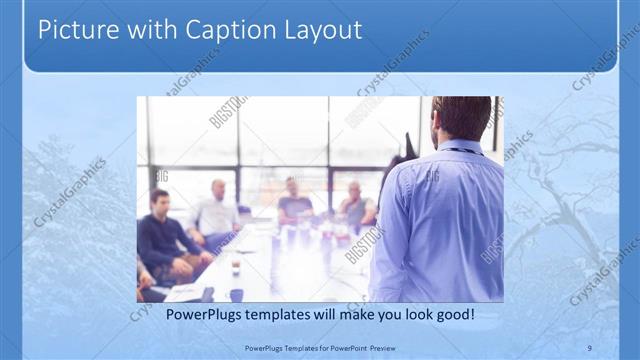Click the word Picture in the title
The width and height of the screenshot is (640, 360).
coord(73,30)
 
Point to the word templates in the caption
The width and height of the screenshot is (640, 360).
coord(272,314)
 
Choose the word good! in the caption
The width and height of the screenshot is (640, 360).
coord(451,314)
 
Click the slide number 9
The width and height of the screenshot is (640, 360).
coord(589,346)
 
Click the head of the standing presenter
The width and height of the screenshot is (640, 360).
coord(461,117)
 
